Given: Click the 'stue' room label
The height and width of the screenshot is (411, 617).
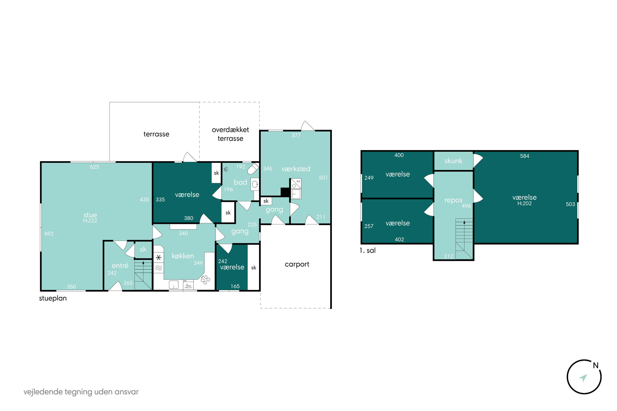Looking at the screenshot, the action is (x=90, y=215).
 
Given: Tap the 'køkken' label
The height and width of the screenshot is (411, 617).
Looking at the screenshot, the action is (x=183, y=256).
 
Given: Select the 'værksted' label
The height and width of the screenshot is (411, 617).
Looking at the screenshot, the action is (x=296, y=169).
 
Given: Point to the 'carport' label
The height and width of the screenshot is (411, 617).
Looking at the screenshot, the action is (x=297, y=264).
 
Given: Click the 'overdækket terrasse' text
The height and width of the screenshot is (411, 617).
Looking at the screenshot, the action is (x=230, y=134).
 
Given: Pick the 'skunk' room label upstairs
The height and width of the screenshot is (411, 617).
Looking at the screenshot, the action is (x=453, y=161).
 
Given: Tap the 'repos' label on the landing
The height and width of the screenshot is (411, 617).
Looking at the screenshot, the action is (x=453, y=200).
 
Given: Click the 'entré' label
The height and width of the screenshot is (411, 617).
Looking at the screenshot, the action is (x=120, y=266).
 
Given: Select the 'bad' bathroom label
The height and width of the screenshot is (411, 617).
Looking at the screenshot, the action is (x=240, y=182).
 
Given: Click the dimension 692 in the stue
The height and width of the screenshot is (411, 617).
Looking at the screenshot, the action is (x=49, y=233).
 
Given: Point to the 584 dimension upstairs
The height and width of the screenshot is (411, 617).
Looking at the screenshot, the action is (x=524, y=156).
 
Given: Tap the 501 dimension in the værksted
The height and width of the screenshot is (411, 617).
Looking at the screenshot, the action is (x=323, y=178).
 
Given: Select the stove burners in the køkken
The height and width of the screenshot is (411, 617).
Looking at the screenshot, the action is (x=205, y=280).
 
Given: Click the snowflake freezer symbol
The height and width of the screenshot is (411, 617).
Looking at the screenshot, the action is (x=158, y=258).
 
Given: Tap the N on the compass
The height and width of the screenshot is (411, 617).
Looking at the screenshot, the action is (x=596, y=365).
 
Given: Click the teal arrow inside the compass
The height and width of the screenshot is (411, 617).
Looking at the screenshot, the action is (x=583, y=378).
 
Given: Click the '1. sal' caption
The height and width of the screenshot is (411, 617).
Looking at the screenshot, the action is (x=368, y=251).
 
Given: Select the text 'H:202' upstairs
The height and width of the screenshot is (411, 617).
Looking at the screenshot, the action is (x=524, y=203).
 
